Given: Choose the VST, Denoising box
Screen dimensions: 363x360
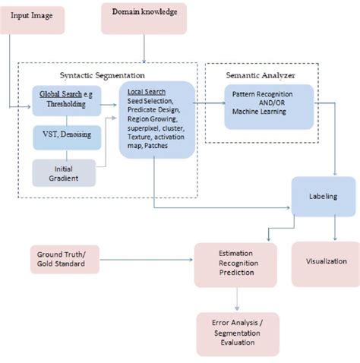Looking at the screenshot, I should [66, 134].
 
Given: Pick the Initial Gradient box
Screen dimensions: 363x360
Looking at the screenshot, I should [64, 172].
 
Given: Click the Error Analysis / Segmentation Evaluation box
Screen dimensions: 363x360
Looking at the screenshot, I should [238, 333].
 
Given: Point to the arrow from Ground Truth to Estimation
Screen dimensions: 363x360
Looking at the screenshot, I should [144, 260].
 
